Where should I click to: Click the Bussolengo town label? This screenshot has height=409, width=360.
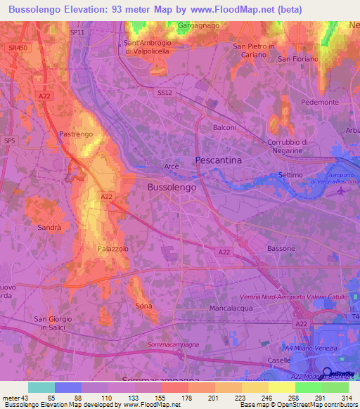pos(172,188)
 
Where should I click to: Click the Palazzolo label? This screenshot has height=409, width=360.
pos(113,249)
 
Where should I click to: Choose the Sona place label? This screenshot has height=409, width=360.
pos(143,306)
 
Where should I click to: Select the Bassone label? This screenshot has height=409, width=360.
pos(282,249)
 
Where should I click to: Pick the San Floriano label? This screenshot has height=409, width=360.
pos(295,59)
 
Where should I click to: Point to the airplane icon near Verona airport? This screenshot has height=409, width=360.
pos(341,193)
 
